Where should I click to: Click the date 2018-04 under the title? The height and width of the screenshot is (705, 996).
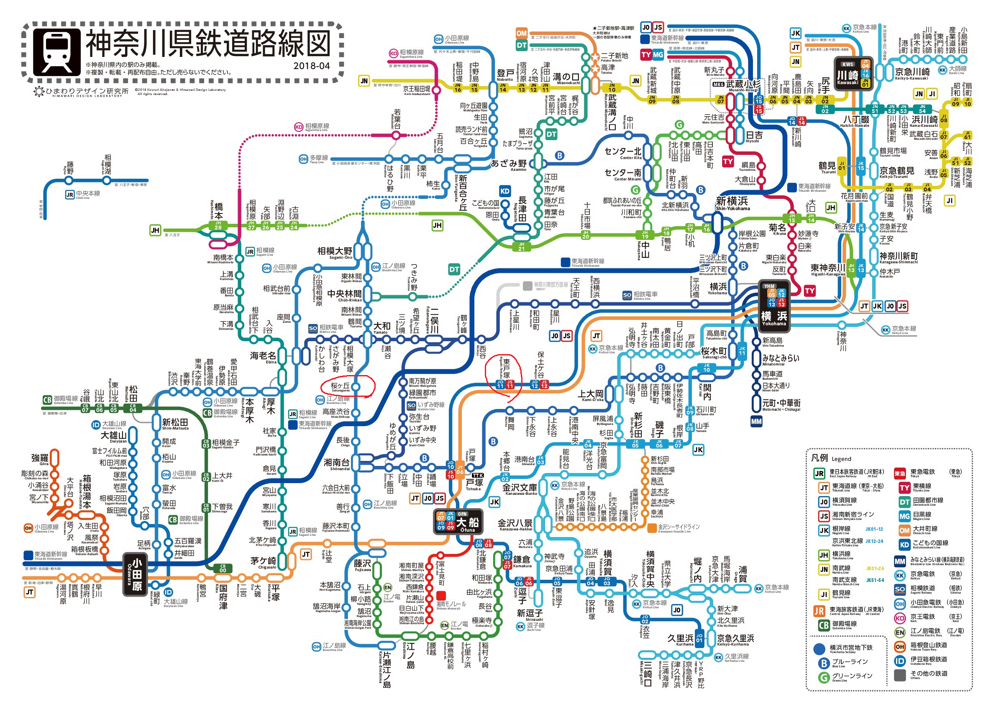coord(311,66)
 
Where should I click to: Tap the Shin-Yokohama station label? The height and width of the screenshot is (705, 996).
coord(732,202)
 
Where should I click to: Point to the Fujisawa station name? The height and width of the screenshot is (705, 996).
coord(362,564)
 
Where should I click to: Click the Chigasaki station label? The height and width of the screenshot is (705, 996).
coord(263,561)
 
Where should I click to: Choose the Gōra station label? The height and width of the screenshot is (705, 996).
coord(40,458)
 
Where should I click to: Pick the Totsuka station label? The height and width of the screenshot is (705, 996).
coord(474,483)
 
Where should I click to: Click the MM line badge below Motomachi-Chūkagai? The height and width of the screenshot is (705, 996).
coord(756,421)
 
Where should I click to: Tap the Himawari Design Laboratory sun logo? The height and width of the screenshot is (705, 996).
coord(39,92)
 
